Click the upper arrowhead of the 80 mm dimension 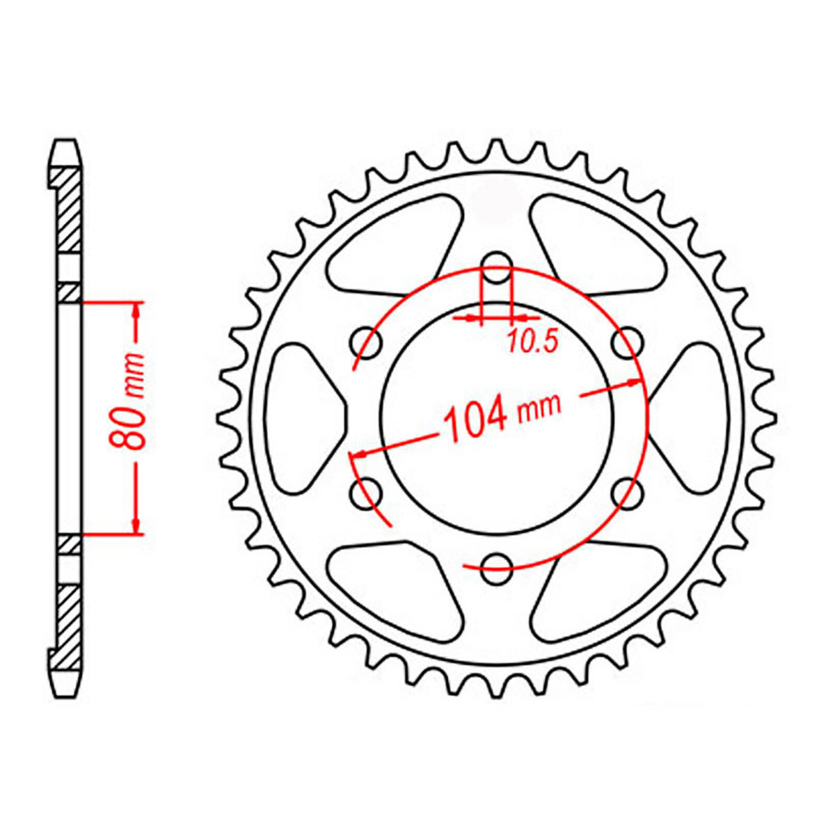click(x=137, y=310)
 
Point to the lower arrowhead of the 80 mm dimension click(x=137, y=526)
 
